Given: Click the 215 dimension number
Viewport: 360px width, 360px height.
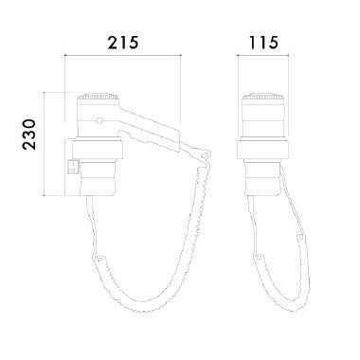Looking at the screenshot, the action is (x=123, y=43).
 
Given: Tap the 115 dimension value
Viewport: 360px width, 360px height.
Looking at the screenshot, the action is (x=263, y=43).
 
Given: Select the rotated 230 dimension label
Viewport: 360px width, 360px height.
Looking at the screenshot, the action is (x=29, y=134).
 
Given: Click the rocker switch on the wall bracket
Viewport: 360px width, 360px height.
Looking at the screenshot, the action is (x=74, y=166).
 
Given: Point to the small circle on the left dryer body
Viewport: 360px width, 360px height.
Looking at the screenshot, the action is (x=99, y=120).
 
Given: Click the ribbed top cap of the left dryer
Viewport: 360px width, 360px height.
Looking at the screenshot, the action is (x=99, y=98).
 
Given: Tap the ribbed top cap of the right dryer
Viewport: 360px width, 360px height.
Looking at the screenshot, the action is (x=263, y=98).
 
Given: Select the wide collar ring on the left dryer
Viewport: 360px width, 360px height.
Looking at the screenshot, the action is (x=98, y=150).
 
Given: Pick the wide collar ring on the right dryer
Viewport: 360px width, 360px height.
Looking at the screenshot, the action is (x=263, y=150).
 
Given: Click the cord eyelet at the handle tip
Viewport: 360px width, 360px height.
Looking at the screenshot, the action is (x=206, y=155).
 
